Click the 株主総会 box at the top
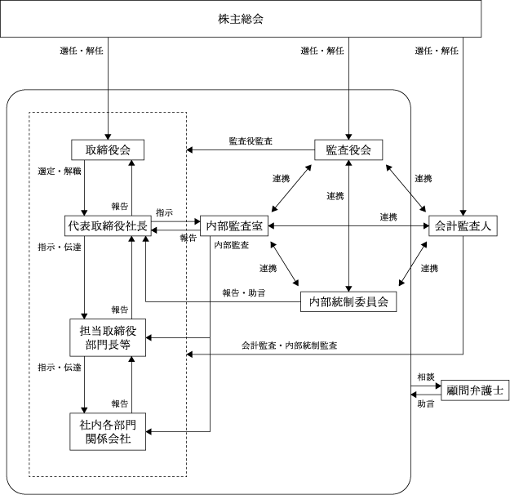point(254,18)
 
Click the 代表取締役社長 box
point(107,224)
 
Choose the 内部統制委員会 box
point(348,301)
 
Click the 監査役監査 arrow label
point(251,140)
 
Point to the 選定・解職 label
point(59,172)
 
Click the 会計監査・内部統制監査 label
point(290,346)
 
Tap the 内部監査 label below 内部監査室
point(232,244)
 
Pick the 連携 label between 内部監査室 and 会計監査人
point(388,216)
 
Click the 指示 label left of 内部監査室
point(164,212)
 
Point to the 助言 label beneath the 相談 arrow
point(425,404)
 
